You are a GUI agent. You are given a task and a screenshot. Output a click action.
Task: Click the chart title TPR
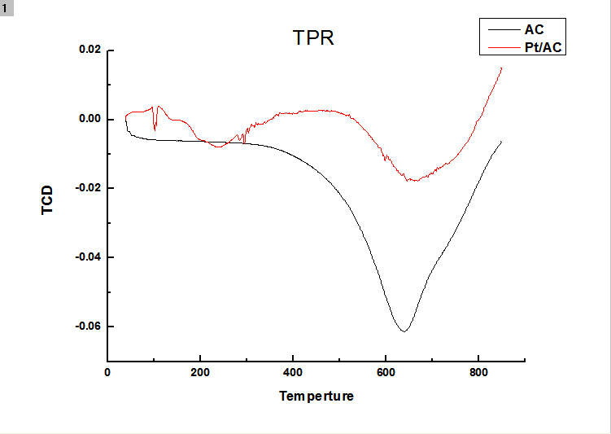pos(313,38)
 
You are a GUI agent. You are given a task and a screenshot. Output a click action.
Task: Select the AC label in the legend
pos(535,30)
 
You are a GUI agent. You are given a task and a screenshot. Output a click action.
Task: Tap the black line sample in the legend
pos(502,30)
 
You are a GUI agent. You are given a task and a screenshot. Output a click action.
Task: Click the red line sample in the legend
pos(502,47)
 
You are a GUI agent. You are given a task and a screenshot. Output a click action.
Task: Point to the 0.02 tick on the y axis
pos(89,50)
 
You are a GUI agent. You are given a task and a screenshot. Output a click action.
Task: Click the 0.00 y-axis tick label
pos(89,119)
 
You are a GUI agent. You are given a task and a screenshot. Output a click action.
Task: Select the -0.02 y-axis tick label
pos(88,188)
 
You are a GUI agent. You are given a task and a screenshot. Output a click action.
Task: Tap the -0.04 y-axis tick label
pos(88,257)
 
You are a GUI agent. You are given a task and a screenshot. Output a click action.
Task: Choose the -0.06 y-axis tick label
pos(88,327)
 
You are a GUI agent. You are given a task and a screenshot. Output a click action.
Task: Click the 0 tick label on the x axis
pos(107,372)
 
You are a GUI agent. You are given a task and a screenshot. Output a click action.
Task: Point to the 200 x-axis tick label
pos(200,372)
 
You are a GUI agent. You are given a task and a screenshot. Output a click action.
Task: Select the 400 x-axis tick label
pos(293,372)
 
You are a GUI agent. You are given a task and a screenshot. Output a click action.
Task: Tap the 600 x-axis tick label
pos(386,372)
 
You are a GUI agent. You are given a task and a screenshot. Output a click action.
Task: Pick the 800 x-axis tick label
pos(478,372)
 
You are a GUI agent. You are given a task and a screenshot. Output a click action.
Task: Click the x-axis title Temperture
pos(316,397)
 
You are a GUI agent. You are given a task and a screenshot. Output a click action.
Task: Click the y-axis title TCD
pos(47,200)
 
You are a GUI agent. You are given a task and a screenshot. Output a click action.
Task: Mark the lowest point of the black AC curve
pos(403,331)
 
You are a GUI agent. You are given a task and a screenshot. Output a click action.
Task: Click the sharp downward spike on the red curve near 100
pos(155,129)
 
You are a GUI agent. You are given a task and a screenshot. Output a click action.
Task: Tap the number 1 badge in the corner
pos(7,7)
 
